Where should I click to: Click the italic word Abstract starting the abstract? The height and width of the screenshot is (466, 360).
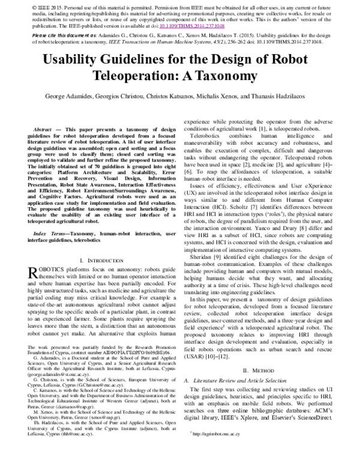coord(43,129)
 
